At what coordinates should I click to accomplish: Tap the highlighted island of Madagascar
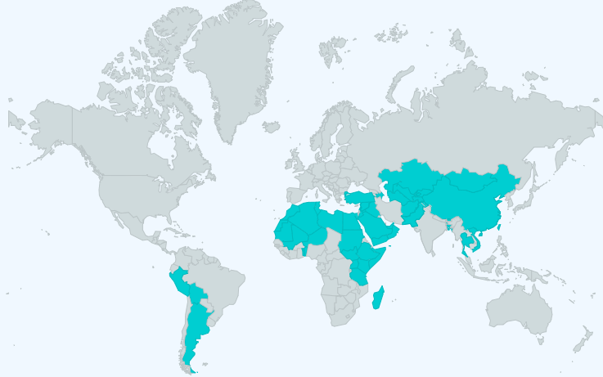tap(378, 298)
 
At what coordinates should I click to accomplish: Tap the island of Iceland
tap(272, 127)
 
